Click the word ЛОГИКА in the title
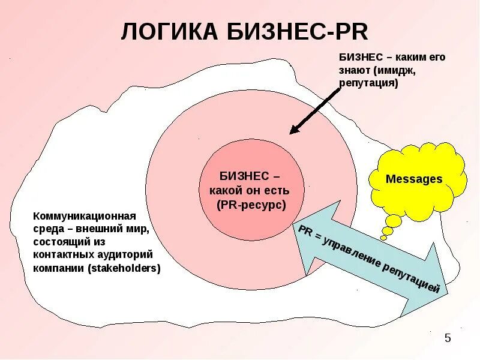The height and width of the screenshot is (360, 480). pos(170,32)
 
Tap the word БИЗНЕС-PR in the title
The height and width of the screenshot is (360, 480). pos(293,32)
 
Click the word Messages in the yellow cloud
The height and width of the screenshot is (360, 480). pos(413,179)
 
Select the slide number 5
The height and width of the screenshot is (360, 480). pos(447,339)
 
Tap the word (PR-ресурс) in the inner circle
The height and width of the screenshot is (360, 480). pos(251,204)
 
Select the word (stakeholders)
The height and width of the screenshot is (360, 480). pos(124,268)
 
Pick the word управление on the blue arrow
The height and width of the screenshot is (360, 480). pos(353,252)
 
